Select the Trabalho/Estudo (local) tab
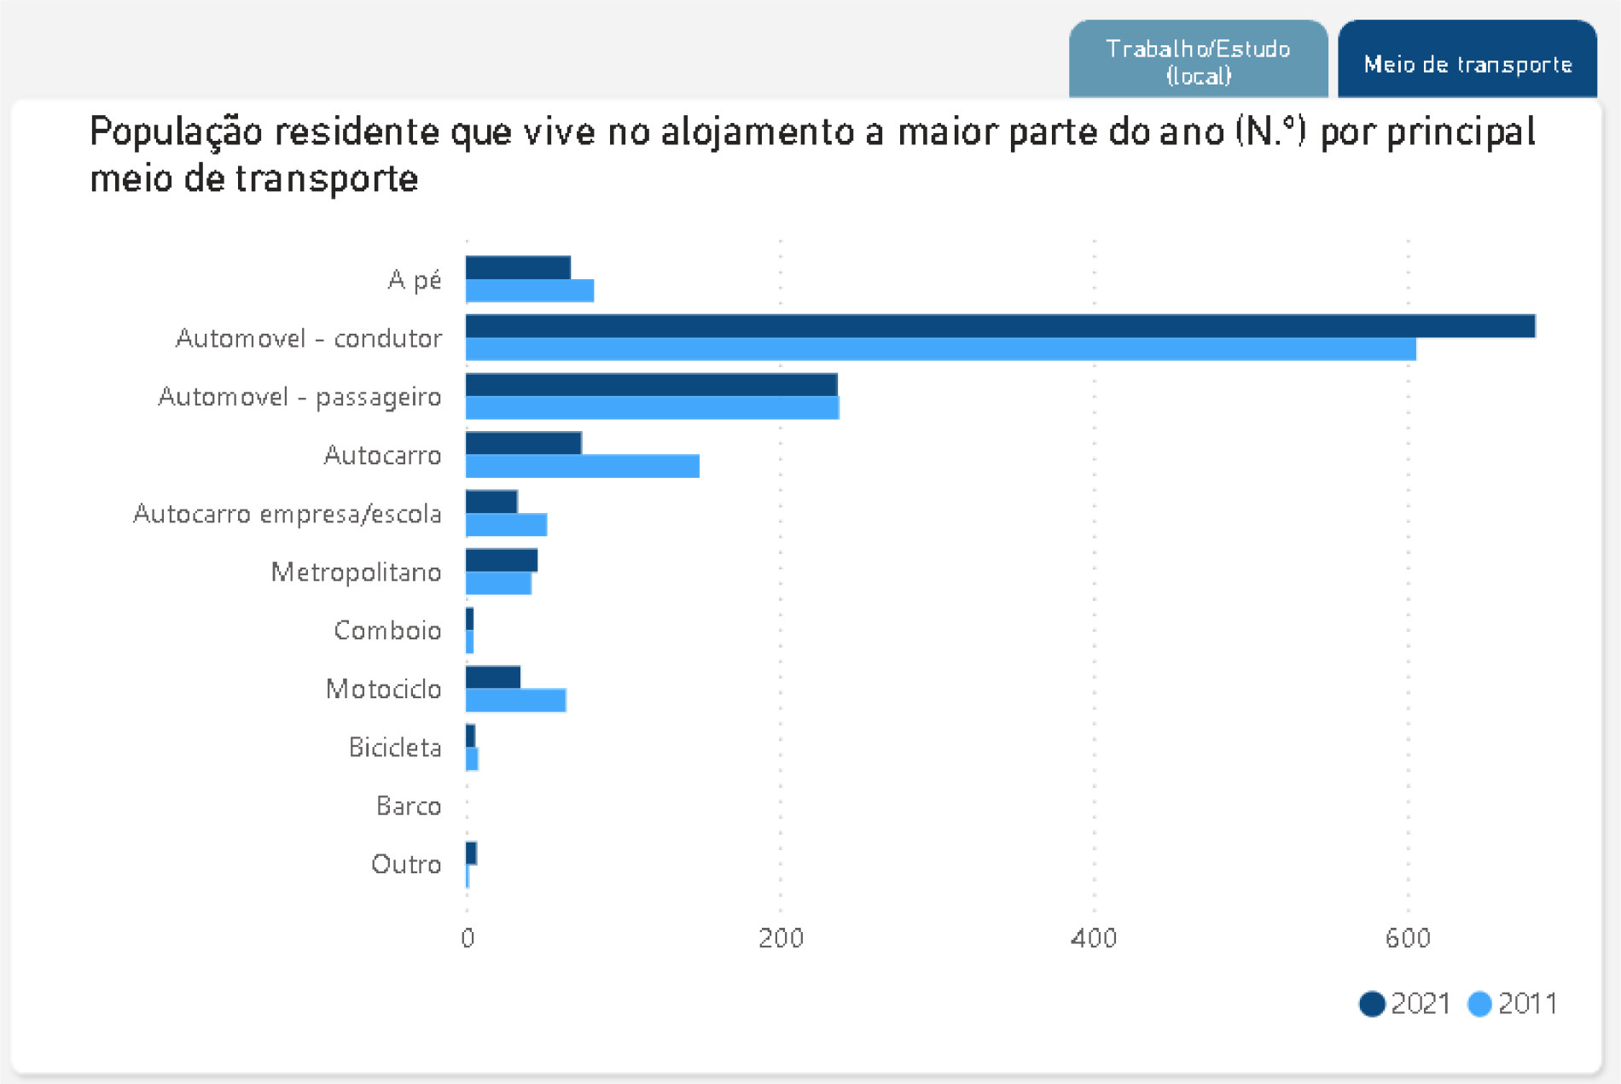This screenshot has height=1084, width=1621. click(1198, 61)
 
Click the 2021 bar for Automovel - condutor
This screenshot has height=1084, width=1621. click(1000, 326)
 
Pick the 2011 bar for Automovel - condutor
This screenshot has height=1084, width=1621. click(940, 349)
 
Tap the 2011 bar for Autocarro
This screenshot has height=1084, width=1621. click(583, 466)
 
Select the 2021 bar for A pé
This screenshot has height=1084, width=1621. click(518, 267)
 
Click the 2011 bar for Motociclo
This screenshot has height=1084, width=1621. click(515, 700)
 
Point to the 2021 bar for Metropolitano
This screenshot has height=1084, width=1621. click(502, 560)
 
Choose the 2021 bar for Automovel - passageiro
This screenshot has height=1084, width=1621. click(651, 385)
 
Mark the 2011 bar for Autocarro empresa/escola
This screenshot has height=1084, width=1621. click(506, 525)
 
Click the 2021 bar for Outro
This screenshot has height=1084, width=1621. click(471, 853)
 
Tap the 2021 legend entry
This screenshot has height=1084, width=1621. click(1405, 1004)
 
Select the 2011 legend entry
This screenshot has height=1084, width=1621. click(1513, 1004)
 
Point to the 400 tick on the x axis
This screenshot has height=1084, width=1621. click(1093, 939)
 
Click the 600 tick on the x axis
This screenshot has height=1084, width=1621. click(1407, 939)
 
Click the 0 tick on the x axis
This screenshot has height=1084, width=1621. click(467, 939)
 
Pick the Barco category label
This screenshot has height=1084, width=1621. click(409, 806)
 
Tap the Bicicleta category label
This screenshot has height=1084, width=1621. click(395, 748)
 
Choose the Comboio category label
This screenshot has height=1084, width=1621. click(387, 631)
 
